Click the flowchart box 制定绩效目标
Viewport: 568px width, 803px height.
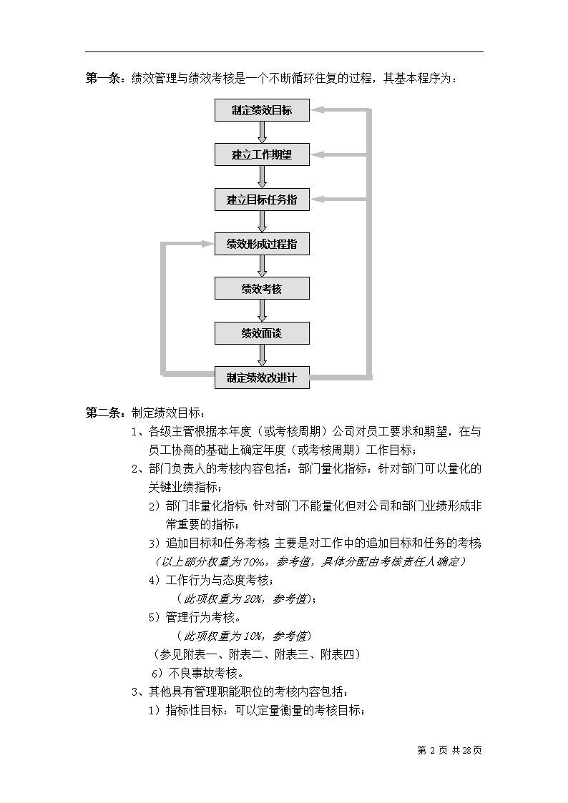[262, 110]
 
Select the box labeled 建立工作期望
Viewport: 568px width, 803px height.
[262, 154]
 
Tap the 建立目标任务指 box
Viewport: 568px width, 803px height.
[262, 199]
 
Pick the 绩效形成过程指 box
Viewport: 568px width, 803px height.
[262, 244]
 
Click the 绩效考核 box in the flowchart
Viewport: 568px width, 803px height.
[262, 288]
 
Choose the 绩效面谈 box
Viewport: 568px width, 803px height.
[262, 333]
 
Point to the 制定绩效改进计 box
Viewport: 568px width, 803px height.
[262, 378]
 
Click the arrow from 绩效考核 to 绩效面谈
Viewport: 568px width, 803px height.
[263, 310]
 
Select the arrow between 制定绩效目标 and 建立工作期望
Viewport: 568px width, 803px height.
[263, 132]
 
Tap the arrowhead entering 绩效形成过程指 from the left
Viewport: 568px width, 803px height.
[209, 244]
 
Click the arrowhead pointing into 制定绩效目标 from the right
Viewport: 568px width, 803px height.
[316, 110]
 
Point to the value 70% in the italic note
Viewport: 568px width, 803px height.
[254, 562]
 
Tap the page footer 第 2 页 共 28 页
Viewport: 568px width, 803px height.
[450, 750]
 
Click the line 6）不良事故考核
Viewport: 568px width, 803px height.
[198, 673]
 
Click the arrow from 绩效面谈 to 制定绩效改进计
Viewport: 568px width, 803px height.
[263, 355]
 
